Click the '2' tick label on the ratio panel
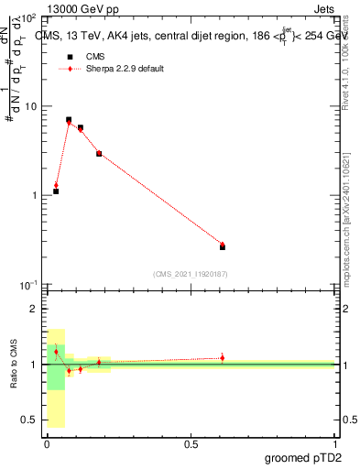click(33, 310)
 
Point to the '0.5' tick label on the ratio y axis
click(28, 420)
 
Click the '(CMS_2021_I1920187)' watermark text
click(191, 273)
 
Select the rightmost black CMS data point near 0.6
click(223, 246)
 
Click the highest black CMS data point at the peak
click(69, 119)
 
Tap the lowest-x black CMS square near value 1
click(56, 191)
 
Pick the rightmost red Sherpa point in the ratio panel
click(223, 357)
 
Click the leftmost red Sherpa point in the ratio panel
click(56, 352)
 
